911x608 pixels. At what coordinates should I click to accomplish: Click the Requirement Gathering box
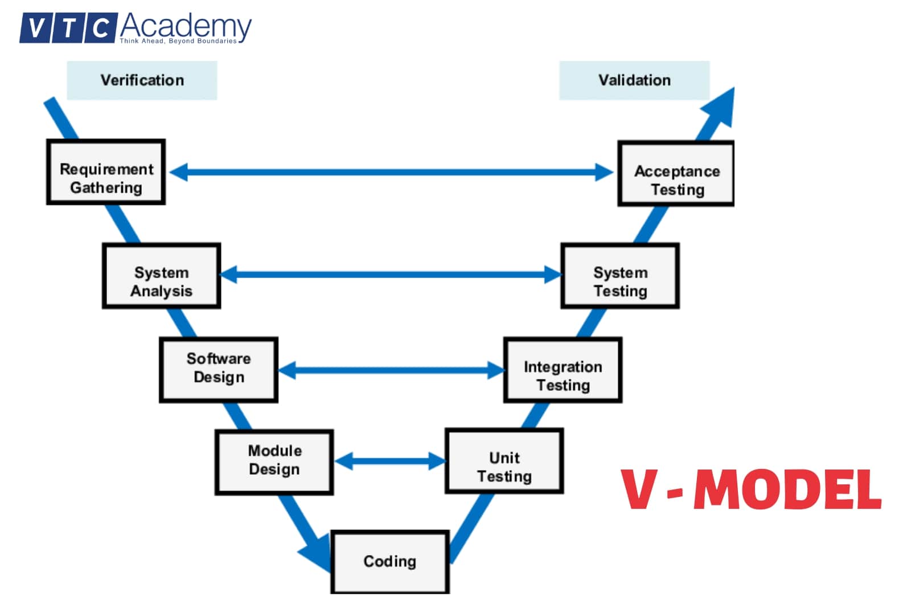point(106,172)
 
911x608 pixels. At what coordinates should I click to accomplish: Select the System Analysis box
point(161,276)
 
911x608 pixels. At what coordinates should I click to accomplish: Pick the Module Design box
point(274,462)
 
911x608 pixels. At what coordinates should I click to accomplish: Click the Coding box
point(390,562)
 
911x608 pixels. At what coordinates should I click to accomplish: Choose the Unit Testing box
point(504,461)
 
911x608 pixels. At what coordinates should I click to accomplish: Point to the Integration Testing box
point(563,370)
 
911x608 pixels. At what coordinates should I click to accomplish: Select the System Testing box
point(620,276)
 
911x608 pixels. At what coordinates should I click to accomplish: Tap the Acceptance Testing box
point(676,174)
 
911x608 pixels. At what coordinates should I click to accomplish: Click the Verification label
point(142,80)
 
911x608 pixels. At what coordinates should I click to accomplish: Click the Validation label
point(634,80)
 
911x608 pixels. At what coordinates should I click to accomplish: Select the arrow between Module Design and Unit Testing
point(390,461)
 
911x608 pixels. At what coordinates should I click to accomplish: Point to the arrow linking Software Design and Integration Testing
point(391,370)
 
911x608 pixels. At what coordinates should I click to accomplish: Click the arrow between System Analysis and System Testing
point(391,275)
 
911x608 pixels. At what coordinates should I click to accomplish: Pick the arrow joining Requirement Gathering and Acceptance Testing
point(391,172)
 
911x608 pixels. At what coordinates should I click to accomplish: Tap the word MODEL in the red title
point(787,490)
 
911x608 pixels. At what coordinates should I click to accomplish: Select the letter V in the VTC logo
point(35,28)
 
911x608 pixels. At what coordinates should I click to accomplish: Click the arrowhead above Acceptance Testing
point(720,107)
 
